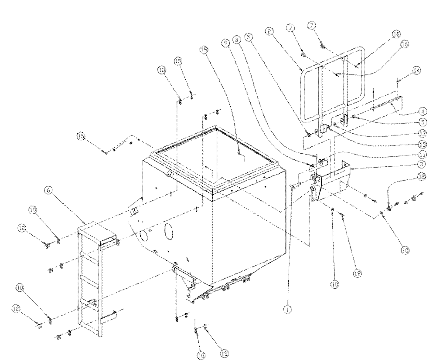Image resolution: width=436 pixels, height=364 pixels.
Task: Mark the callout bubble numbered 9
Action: pyautogui.click(x=225, y=43)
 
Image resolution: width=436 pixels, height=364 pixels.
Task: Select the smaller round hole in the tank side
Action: pyautogui.click(x=142, y=236)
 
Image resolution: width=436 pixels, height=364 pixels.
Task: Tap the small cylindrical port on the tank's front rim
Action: pyautogui.click(x=170, y=174)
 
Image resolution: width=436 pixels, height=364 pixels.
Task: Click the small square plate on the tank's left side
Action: pyautogui.click(x=135, y=210)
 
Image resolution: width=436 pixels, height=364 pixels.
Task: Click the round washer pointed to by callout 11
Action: pyautogui.click(x=322, y=162)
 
